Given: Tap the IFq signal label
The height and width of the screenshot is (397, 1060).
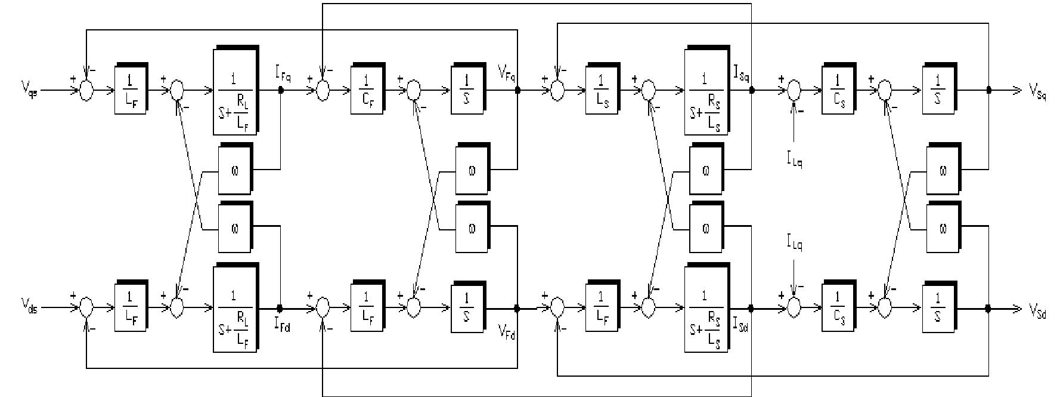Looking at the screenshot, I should point(283,76).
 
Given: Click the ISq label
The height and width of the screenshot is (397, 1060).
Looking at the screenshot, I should point(741,76).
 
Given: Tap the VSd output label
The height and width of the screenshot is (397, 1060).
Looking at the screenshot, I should point(1037,311).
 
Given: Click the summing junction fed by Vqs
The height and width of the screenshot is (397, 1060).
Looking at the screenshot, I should point(86,91).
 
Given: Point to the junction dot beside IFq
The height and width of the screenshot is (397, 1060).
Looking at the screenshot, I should point(280,91).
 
